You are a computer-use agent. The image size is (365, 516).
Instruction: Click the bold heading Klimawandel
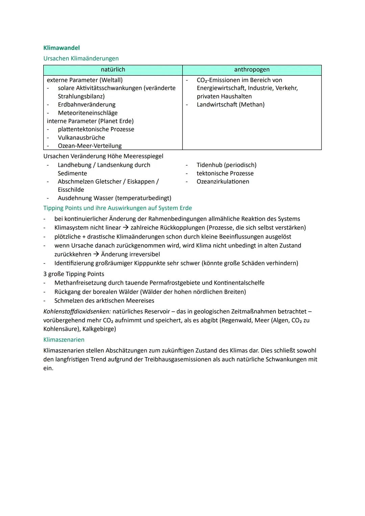point(62,48)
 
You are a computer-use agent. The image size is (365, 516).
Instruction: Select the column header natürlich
point(113,70)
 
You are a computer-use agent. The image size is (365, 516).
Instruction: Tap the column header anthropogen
point(252,70)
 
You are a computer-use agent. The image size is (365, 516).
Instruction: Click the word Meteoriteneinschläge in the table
point(88,113)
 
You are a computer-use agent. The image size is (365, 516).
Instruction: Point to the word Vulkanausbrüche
point(81,138)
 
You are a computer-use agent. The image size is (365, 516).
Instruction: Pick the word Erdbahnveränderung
point(87,105)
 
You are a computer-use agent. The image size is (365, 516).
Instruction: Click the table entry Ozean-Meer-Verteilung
point(90,146)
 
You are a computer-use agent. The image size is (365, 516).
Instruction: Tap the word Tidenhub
point(209,165)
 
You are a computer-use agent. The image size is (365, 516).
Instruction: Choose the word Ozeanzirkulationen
point(223,181)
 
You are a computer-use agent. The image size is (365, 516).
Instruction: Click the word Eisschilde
point(71,190)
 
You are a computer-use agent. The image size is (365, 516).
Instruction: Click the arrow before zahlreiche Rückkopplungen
point(126,228)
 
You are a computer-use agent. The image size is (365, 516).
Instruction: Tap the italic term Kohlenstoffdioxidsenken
point(77,312)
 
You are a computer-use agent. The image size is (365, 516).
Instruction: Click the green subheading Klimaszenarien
point(64,340)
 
